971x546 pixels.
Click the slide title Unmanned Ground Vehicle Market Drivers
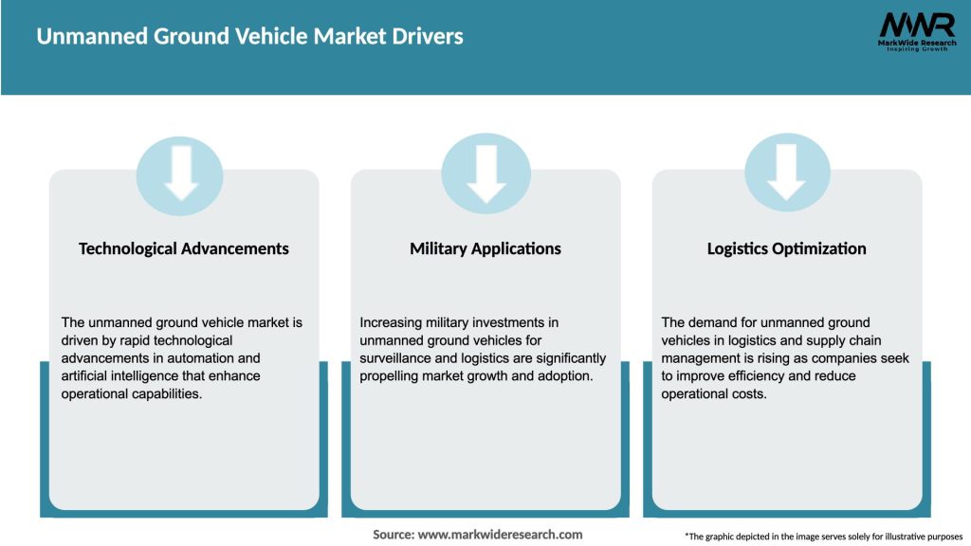pyautogui.click(x=249, y=37)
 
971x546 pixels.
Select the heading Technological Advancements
pyautogui.click(x=184, y=248)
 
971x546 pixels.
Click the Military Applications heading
pyautogui.click(x=485, y=248)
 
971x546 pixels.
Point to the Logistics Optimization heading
pyautogui.click(x=787, y=248)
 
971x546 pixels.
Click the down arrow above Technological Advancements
pyautogui.click(x=180, y=173)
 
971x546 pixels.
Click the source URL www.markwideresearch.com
pyautogui.click(x=500, y=535)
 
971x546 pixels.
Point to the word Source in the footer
pyautogui.click(x=393, y=535)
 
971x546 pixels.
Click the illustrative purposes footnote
pyautogui.click(x=823, y=537)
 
